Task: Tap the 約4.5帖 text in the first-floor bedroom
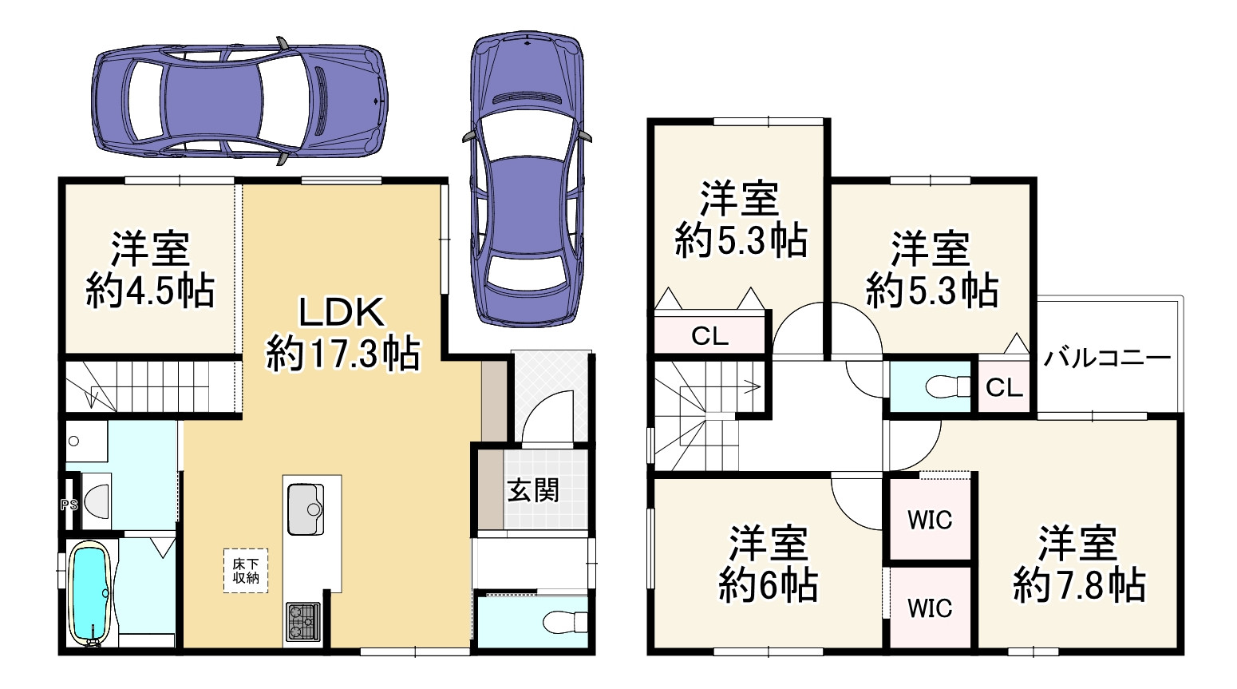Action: click(150, 293)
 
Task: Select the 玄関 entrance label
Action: click(533, 489)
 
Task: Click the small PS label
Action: click(69, 505)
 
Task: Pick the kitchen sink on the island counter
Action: click(305, 507)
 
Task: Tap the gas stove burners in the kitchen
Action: click(302, 621)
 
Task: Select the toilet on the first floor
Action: click(563, 620)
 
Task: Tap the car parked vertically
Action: click(526, 180)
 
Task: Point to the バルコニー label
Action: click(1107, 358)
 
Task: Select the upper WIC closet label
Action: click(930, 520)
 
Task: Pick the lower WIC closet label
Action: click(930, 608)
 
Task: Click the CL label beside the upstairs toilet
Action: click(1004, 388)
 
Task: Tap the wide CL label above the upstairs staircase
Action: click(709, 336)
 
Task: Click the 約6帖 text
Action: click(768, 588)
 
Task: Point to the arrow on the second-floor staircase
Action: click(750, 388)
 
